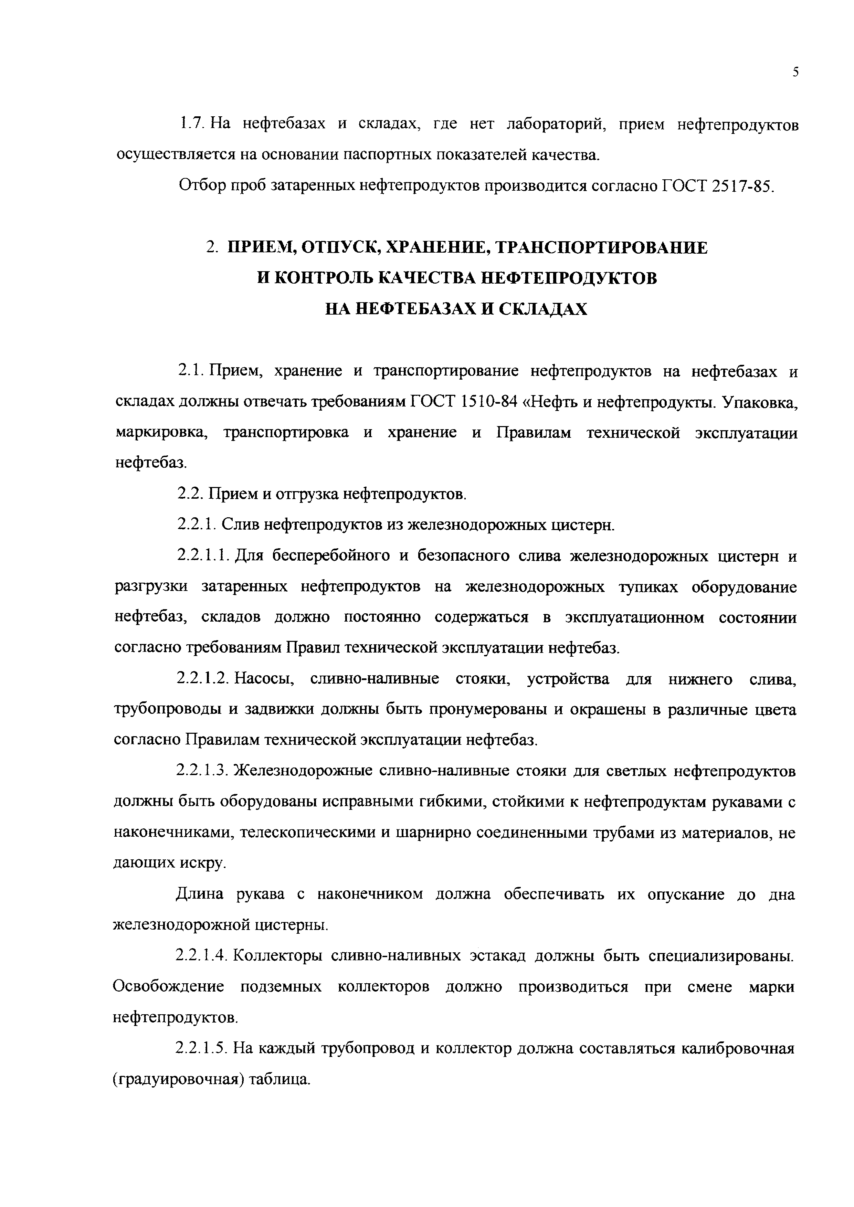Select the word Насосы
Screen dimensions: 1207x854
264,679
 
